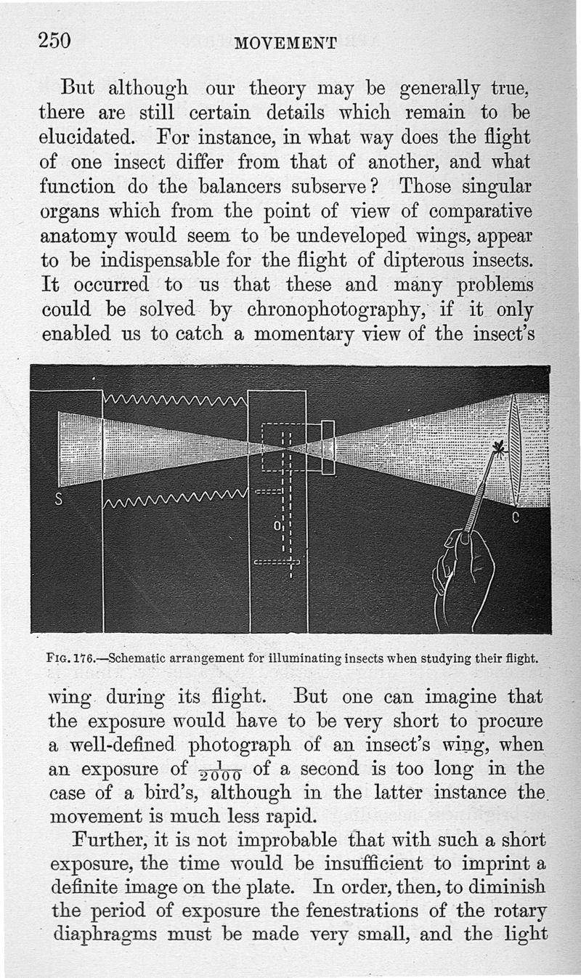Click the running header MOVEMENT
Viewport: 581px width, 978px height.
tap(285, 44)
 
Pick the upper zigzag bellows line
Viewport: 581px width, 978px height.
tap(175, 399)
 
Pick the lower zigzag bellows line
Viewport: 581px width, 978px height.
tap(175, 498)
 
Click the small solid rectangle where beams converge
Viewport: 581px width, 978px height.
tap(328, 448)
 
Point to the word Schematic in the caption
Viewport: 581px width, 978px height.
tap(137, 660)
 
